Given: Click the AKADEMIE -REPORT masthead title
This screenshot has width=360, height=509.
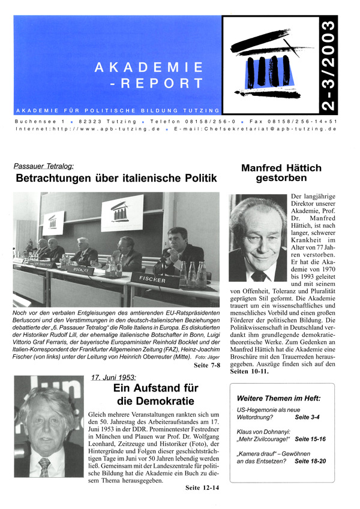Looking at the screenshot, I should (x=149, y=74).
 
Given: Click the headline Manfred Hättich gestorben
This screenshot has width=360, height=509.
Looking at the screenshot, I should (x=281, y=173).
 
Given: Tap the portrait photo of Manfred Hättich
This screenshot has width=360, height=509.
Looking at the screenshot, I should (x=258, y=237).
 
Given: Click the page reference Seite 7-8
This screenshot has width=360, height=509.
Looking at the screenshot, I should (x=203, y=365).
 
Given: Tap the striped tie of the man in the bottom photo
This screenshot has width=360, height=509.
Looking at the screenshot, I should (x=44, y=465).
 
